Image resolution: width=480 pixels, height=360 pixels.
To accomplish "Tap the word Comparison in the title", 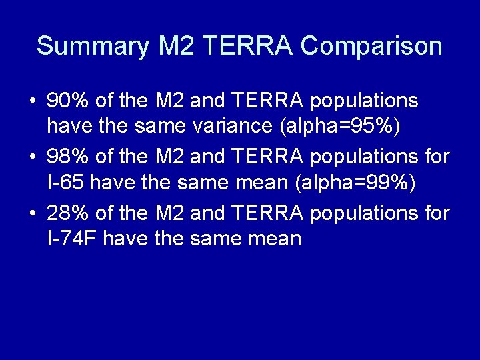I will click(x=371, y=47).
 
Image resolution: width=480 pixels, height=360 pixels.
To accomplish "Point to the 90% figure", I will click(x=69, y=101).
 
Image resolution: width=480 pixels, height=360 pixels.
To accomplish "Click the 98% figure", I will click(x=69, y=157).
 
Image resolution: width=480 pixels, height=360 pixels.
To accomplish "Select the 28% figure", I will click(x=69, y=213).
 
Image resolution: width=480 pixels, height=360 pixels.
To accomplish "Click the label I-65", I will click(x=65, y=182).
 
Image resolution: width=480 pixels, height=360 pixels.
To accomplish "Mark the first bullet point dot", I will click(x=33, y=102).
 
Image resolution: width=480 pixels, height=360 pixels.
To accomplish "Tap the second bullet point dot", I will click(x=33, y=158).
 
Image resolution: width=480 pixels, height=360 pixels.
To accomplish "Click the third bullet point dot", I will click(x=33, y=214).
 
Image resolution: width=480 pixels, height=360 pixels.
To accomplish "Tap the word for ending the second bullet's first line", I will click(x=436, y=157).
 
